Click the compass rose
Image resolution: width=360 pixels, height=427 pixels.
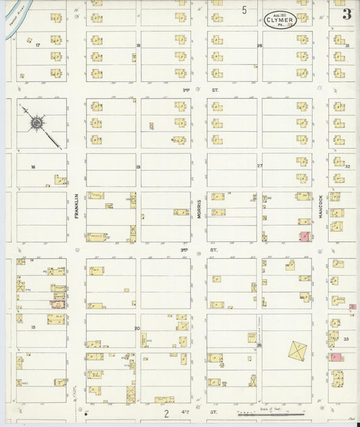pos(36,124)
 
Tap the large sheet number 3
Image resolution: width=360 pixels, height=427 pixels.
pos(346,15)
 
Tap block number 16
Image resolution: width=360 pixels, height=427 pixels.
pos(32,166)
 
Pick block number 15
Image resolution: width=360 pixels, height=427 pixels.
pos(32,328)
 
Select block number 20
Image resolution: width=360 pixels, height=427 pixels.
pos(136,328)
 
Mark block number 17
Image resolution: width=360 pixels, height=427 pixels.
pos(38,45)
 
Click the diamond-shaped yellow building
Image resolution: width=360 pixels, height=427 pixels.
pos(297,350)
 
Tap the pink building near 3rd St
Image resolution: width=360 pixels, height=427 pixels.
pos(305,236)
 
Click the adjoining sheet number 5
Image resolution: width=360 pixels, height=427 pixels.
pos(245,10)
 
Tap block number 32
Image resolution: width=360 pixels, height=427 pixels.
pos(347,166)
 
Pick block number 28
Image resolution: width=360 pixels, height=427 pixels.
pos(259,45)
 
